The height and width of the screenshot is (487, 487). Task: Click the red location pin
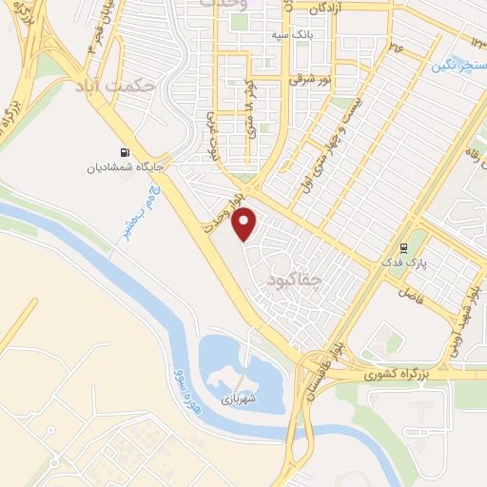pos(245,224)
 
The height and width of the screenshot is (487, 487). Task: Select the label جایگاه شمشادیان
pos(123,168)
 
